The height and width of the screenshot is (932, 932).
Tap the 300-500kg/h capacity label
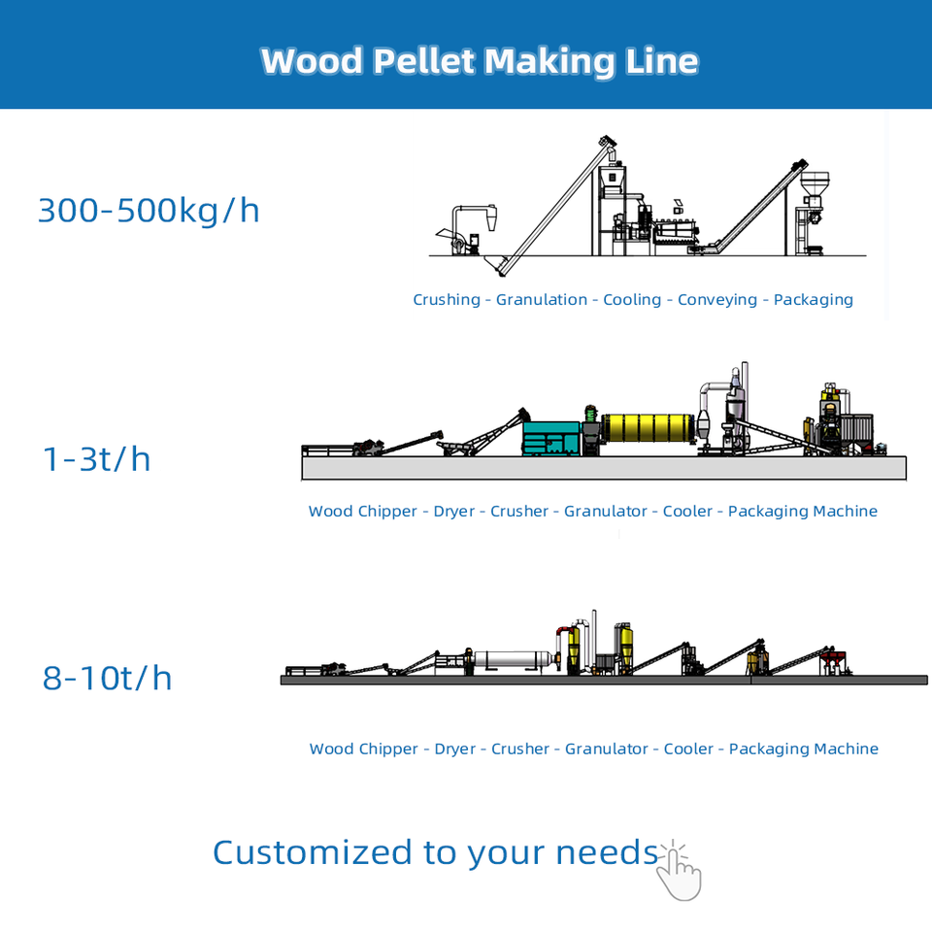click(149, 210)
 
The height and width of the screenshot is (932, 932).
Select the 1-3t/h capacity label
click(97, 458)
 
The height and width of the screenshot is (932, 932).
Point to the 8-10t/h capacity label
click(107, 678)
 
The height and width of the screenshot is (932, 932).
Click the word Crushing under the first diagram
click(447, 300)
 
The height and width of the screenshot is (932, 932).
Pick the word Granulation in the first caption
click(542, 300)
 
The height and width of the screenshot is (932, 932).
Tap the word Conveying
click(717, 300)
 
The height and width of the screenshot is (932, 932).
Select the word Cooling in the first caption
click(632, 300)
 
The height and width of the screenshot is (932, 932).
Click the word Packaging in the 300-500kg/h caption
click(814, 300)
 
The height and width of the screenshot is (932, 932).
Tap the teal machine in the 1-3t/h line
click(550, 437)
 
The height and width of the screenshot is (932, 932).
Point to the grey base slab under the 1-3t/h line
click(604, 468)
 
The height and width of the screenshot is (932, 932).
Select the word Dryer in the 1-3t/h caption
click(454, 512)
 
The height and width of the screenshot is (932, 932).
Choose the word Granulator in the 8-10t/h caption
click(607, 749)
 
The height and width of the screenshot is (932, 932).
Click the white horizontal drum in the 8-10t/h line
click(512, 660)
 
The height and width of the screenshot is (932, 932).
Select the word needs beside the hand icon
click(607, 854)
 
